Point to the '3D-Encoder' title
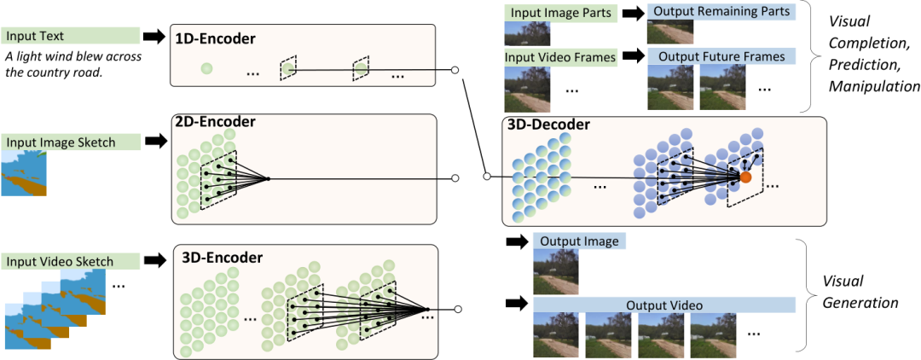pos(223,257)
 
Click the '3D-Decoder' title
pos(548,125)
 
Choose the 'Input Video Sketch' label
pos(59,260)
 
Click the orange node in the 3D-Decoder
pos(745,177)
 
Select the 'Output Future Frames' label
pos(721,56)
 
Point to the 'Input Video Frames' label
pos(560,56)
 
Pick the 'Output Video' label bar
pos(664,305)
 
